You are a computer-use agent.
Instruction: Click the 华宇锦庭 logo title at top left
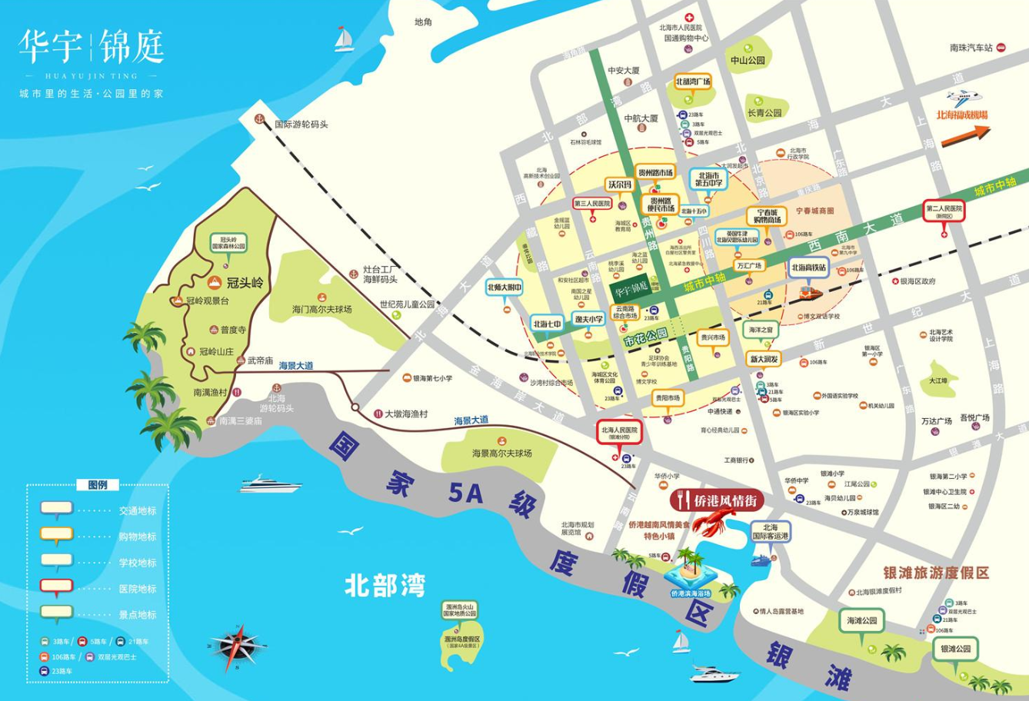click(91, 48)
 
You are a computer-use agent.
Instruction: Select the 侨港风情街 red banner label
click(717, 500)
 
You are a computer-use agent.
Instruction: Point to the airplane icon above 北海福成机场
click(964, 98)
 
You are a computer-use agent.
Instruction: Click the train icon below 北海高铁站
click(811, 294)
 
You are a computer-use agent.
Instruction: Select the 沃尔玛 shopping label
click(619, 185)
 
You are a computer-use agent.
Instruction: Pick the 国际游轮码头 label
click(301, 124)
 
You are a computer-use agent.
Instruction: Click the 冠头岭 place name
click(245, 283)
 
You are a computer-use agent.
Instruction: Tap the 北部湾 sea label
click(385, 586)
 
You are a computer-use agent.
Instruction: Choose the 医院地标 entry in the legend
click(137, 589)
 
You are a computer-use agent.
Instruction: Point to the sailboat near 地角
click(344, 39)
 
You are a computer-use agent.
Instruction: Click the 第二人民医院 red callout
click(944, 210)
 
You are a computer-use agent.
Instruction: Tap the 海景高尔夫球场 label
click(501, 453)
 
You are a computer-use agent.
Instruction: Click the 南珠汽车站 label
click(971, 48)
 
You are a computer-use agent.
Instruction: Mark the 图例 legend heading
click(98, 485)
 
